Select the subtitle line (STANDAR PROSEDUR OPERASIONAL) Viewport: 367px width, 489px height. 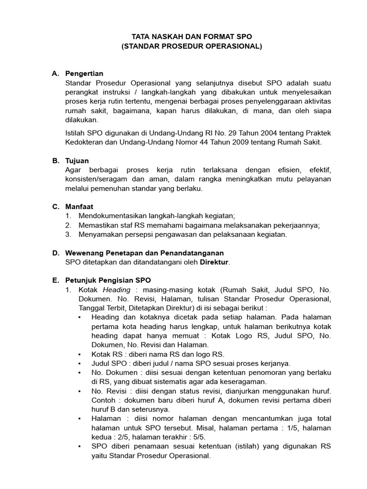pyautogui.click(x=192, y=46)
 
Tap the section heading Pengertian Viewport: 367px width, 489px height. pyautogui.click(x=84, y=74)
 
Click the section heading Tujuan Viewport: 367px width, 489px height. pyautogui.click(x=77, y=161)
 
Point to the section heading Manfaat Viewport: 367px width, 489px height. pyautogui.click(x=79, y=207)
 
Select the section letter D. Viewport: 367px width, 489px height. pyautogui.click(x=56, y=253)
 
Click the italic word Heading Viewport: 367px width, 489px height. pyautogui.click(x=117, y=290)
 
